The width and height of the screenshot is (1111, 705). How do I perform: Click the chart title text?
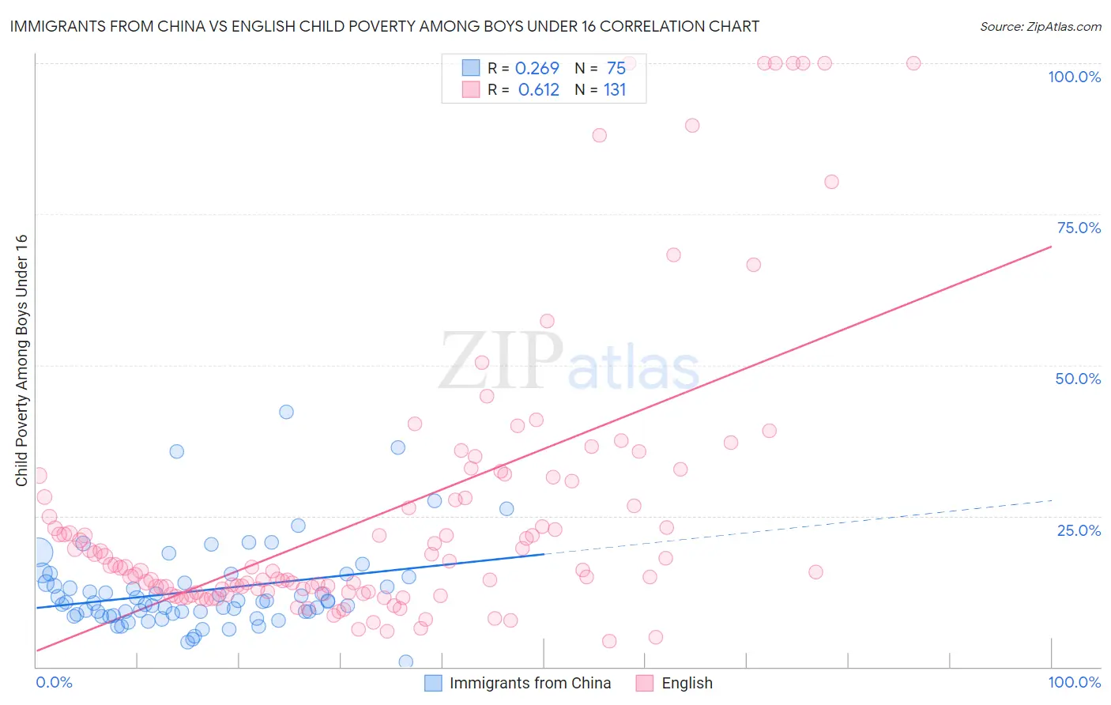tap(385, 26)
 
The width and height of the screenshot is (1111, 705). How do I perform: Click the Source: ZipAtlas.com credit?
tap(1040, 27)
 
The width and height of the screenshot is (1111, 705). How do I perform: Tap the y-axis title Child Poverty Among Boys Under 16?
tap(21, 360)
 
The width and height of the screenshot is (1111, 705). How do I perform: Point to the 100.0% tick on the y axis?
tap(1074, 77)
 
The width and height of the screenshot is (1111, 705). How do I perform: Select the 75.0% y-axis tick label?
tap(1079, 228)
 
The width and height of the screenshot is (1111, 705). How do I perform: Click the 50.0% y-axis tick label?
tap(1078, 379)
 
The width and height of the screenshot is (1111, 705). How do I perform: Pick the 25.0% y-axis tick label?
tap(1079, 530)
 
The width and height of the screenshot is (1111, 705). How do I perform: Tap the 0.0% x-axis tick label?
tap(54, 682)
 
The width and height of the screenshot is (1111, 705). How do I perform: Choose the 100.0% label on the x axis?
tap(1074, 682)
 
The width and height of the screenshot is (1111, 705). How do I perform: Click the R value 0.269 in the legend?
tap(537, 69)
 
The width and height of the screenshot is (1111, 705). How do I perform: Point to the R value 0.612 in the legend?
tap(538, 90)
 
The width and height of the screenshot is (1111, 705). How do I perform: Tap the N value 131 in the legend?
tap(615, 90)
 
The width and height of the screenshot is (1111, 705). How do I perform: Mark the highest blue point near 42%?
tap(286, 412)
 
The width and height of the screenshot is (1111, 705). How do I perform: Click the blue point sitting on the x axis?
tap(405, 662)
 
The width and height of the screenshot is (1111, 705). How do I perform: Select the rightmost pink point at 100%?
tap(913, 63)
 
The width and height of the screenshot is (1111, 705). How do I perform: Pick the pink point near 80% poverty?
tap(831, 182)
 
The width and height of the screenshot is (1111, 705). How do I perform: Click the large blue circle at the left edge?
tap(39, 552)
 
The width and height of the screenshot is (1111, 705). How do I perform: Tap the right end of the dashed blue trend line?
tap(1052, 500)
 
